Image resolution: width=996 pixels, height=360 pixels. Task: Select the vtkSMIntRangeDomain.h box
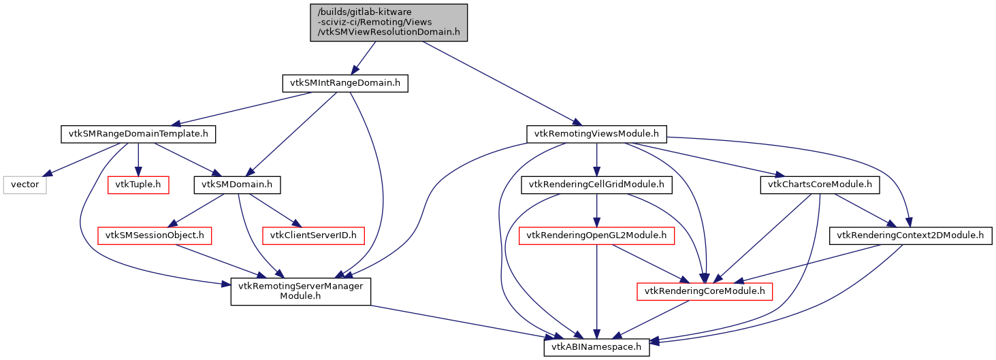point(344,84)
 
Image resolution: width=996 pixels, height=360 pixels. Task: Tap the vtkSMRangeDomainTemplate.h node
point(138,134)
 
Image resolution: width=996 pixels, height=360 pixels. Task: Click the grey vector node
point(25,184)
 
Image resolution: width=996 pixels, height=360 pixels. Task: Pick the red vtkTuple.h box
point(139,184)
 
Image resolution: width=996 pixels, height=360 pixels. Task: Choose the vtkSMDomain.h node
point(238,184)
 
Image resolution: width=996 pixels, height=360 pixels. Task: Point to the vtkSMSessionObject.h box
point(155,235)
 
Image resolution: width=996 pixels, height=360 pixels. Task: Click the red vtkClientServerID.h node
point(317,235)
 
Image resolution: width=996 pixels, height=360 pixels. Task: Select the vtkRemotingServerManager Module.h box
point(300,291)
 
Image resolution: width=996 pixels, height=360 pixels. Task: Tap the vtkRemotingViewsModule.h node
point(596,134)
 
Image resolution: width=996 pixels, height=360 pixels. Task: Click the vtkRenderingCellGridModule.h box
point(596,184)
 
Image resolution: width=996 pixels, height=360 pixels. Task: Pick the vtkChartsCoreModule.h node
point(819,184)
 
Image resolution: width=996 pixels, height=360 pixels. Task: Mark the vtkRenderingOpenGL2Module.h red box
point(596,235)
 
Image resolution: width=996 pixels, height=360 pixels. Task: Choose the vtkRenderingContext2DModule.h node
point(910,235)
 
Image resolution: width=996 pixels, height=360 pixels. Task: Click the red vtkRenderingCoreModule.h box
point(705,291)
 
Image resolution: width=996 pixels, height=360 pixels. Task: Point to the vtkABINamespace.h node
point(596,347)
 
